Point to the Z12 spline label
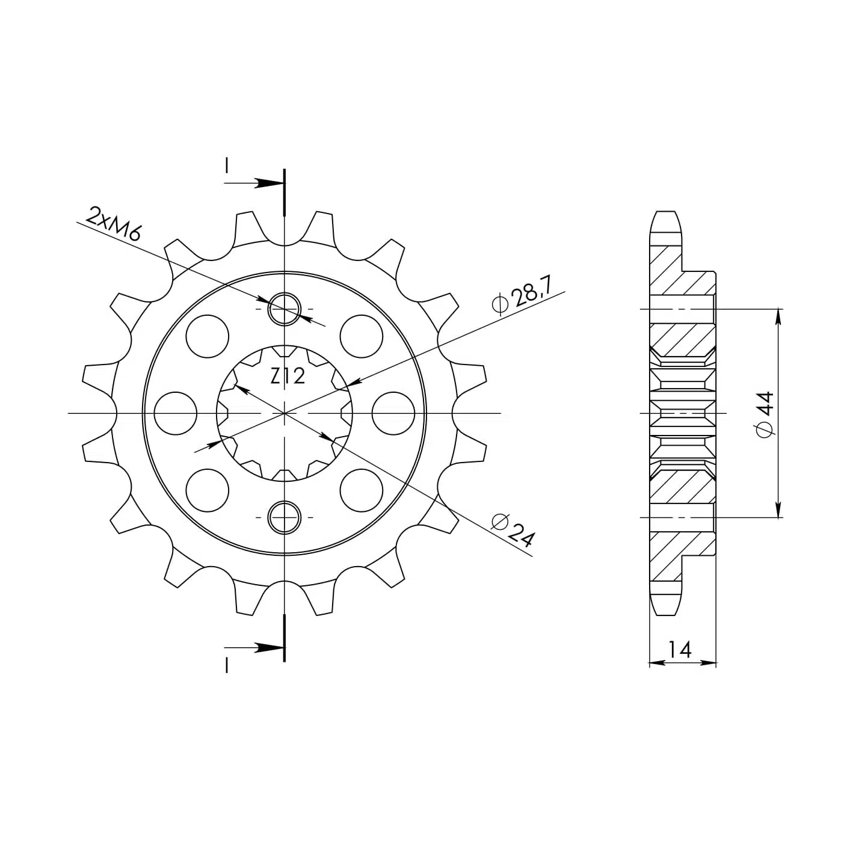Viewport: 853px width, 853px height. tap(288, 376)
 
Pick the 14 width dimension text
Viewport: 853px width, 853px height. tap(680, 650)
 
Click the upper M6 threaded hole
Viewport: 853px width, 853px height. tap(285, 309)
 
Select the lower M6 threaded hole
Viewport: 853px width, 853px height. tap(285, 517)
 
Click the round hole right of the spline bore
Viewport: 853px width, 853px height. tap(393, 413)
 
